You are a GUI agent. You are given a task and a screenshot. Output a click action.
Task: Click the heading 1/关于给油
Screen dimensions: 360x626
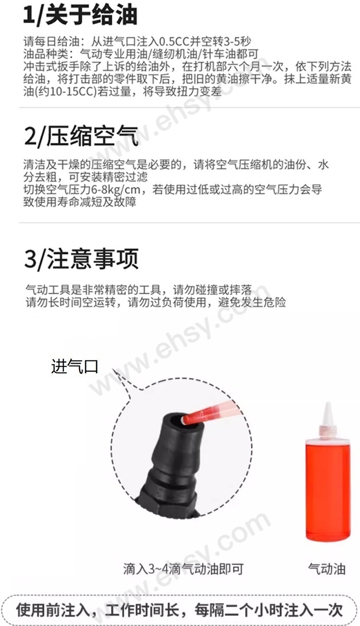tap(80, 15)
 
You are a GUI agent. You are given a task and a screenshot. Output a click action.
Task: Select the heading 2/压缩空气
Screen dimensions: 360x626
tap(81, 136)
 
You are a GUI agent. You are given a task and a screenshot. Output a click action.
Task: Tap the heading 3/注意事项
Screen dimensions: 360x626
tap(81, 259)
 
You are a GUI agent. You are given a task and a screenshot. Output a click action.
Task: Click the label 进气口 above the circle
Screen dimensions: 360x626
tap(75, 366)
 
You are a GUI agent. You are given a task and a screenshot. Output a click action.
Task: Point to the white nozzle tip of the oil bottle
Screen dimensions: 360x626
tap(328, 414)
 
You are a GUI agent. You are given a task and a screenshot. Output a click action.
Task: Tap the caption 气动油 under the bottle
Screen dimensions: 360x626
tap(327, 569)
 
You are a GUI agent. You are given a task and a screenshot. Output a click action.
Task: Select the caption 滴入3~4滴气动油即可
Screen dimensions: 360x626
tap(183, 569)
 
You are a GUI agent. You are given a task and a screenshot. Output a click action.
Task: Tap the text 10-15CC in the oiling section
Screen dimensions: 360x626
tap(73, 92)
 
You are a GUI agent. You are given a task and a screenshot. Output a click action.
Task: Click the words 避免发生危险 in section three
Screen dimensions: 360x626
tap(252, 302)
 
